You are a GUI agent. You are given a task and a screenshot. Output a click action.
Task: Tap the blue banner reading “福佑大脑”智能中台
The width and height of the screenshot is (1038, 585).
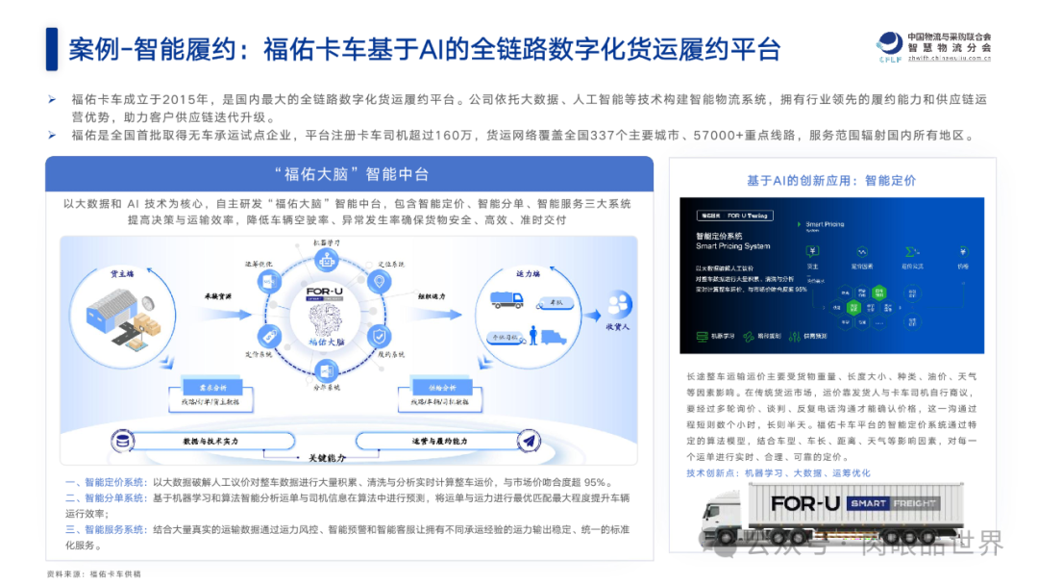coord(350,174)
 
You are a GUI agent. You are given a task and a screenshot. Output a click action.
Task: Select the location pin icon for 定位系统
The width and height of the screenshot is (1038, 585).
coord(380,282)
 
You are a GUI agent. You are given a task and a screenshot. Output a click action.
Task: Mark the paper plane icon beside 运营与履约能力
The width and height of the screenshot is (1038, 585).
coord(528,440)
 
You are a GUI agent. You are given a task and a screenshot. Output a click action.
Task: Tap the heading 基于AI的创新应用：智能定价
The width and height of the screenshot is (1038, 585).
coord(830,180)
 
